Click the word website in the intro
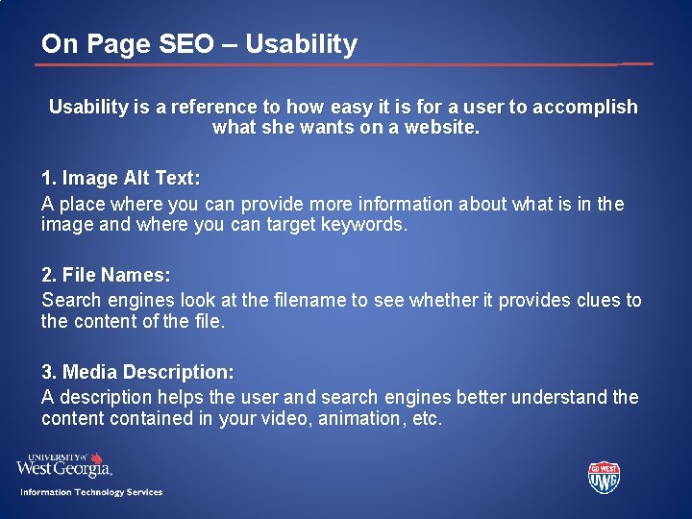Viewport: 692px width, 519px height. point(436,127)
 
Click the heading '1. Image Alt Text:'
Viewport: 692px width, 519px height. point(121,179)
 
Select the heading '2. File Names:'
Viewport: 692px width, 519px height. point(106,276)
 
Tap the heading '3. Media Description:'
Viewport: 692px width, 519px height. point(137,372)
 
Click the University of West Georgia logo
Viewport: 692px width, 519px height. point(64,465)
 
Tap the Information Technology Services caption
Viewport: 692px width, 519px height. point(92,492)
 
